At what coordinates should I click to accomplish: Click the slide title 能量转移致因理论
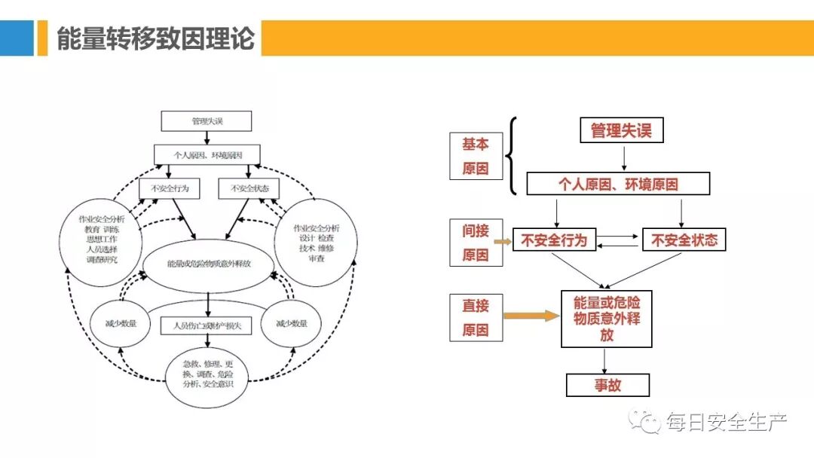[x=156, y=38]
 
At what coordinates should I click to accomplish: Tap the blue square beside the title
[x=17, y=38]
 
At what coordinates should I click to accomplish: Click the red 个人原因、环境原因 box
[x=618, y=184]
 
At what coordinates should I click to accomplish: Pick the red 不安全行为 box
[x=554, y=241]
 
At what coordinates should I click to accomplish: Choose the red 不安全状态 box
[x=684, y=241]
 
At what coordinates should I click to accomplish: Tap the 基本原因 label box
[x=476, y=156]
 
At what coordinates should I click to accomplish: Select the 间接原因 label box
[x=476, y=243]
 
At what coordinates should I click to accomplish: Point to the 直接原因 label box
[x=476, y=317]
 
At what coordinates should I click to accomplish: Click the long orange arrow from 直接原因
[x=531, y=316]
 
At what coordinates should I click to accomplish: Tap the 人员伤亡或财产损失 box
[x=206, y=325]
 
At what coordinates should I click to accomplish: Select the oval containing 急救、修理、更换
[x=208, y=374]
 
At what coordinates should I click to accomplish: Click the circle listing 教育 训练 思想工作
[x=102, y=243]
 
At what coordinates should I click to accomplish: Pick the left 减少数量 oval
[x=121, y=324]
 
